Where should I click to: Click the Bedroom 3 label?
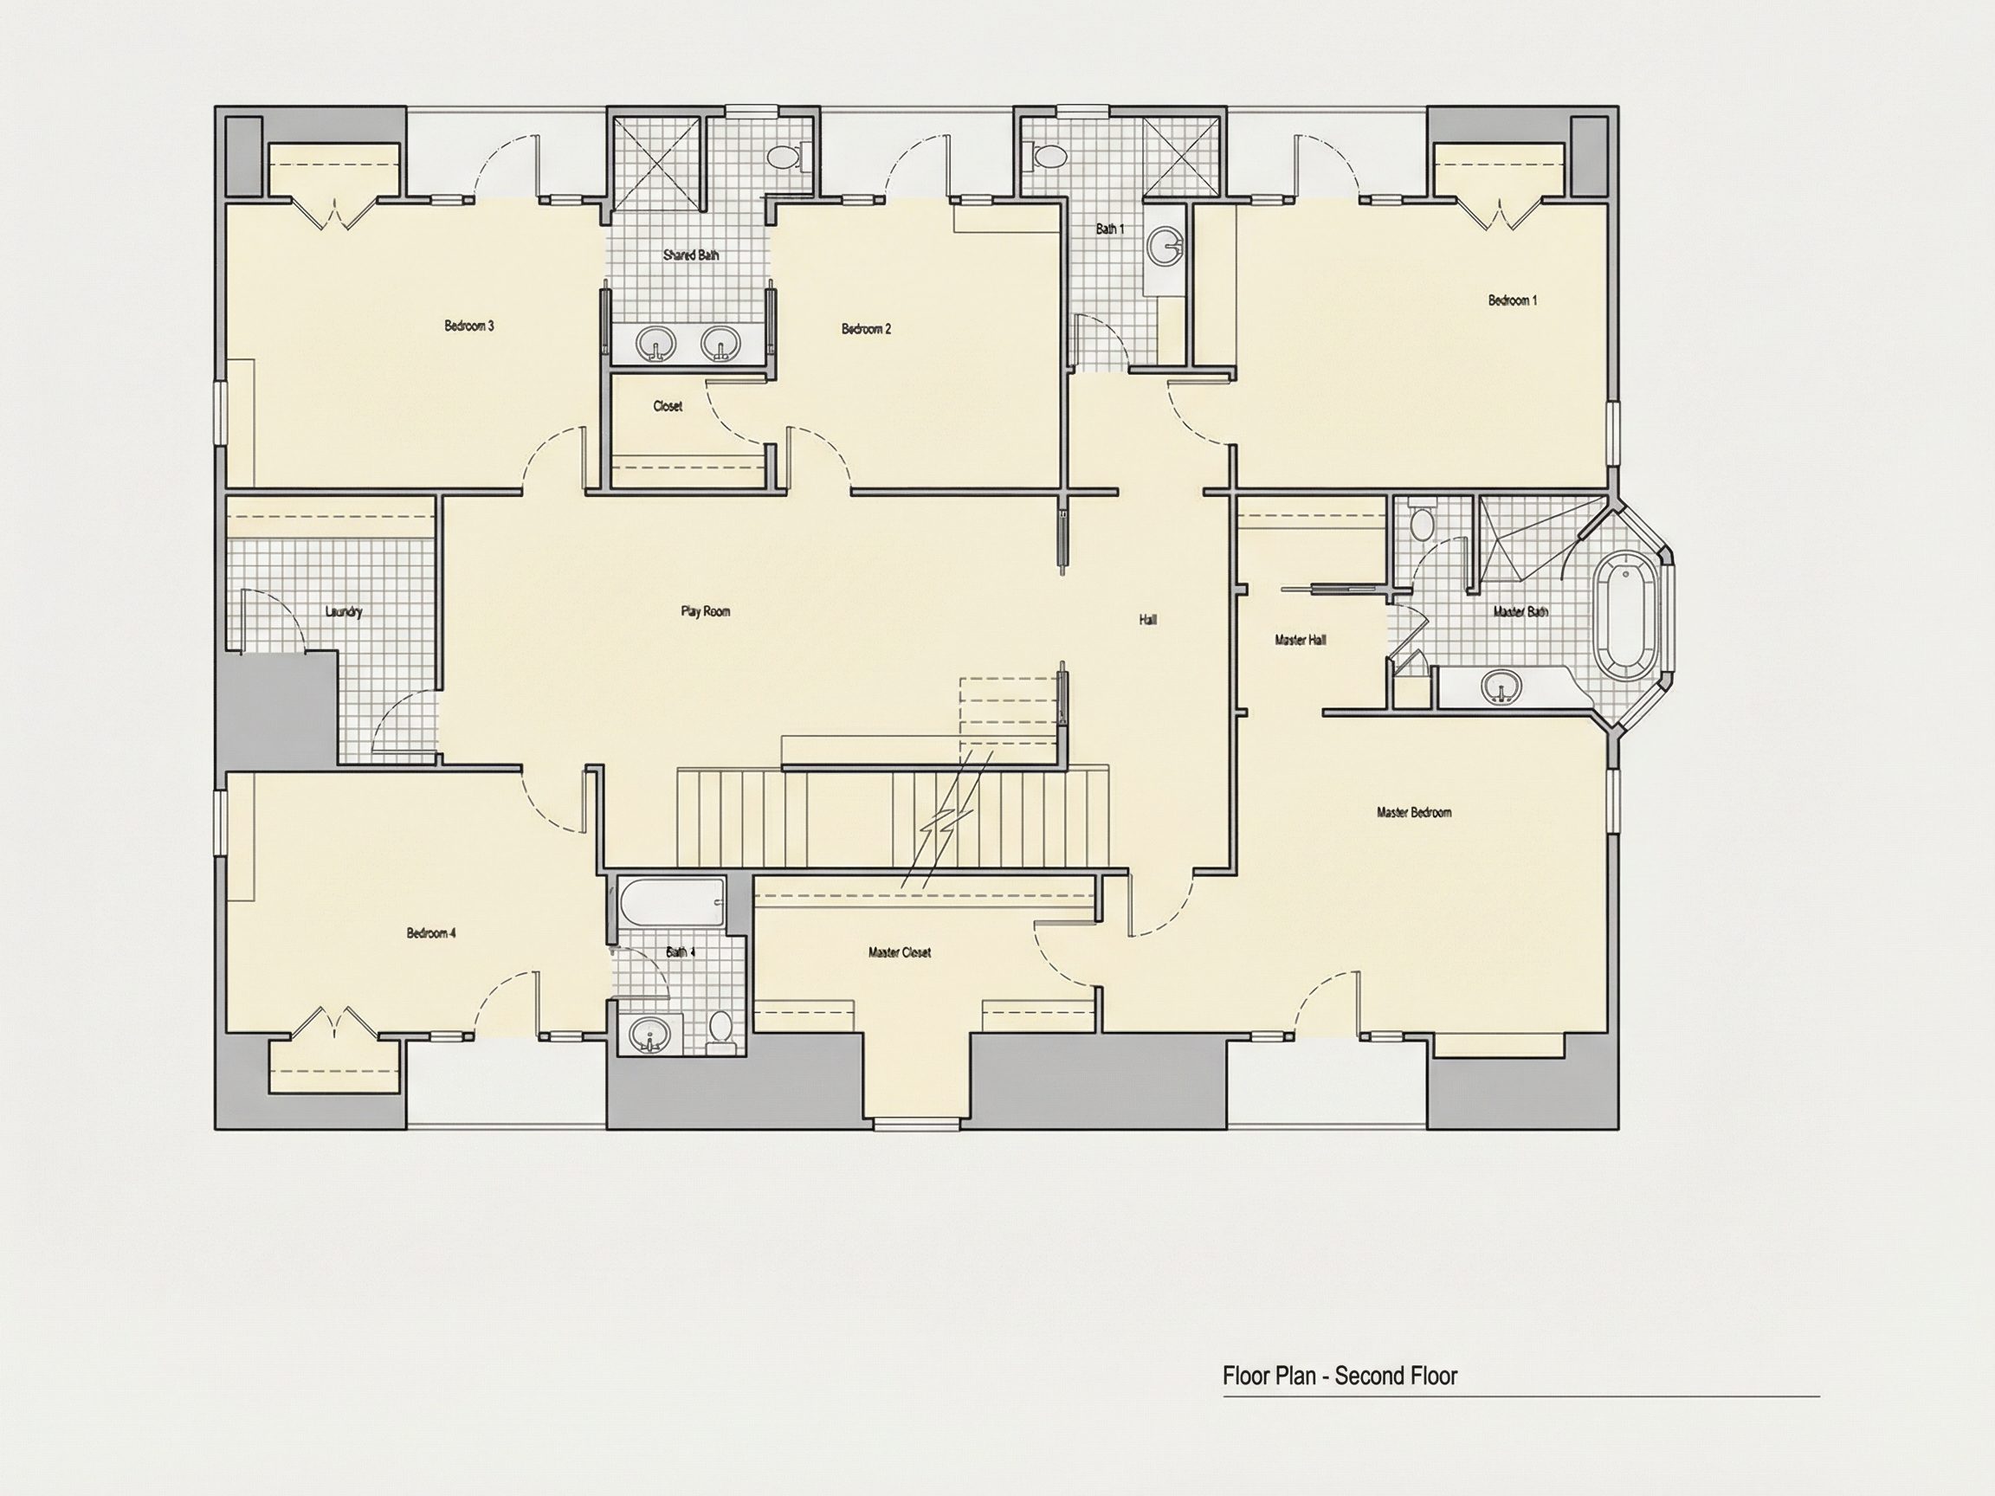[469, 326]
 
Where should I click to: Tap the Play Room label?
[706, 611]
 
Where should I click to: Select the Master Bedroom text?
[1414, 812]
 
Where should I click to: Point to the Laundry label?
[344, 611]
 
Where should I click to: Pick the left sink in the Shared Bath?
[655, 343]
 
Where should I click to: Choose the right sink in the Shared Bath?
[720, 343]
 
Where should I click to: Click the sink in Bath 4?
[648, 1034]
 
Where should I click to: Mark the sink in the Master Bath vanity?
[1501, 687]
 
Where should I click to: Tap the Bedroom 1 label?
[1513, 300]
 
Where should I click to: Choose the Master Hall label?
[1301, 641]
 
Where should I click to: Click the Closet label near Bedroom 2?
[668, 407]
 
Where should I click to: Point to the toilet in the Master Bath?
[1421, 520]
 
